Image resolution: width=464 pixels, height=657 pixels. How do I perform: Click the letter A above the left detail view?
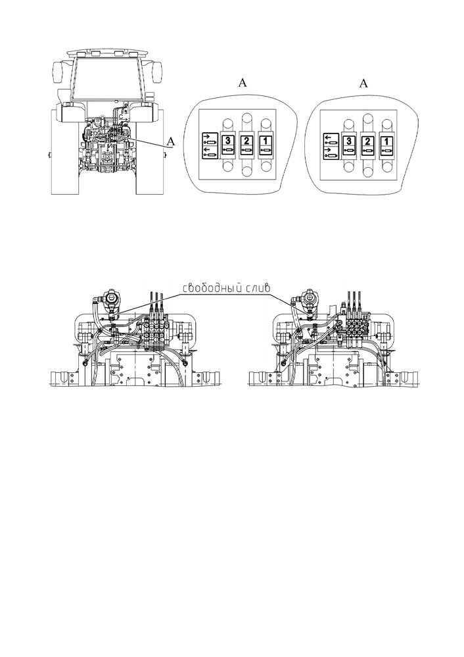click(243, 83)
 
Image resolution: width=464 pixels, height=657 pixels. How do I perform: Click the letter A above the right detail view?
click(364, 84)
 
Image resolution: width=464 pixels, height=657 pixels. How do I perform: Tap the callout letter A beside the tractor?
click(170, 142)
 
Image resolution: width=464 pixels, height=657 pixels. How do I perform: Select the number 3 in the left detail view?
click(227, 140)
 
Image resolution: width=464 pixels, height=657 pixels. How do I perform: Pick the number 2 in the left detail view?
click(246, 140)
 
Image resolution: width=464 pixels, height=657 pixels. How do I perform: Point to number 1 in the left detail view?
click(266, 140)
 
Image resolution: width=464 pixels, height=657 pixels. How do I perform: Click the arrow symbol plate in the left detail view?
click(210, 145)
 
